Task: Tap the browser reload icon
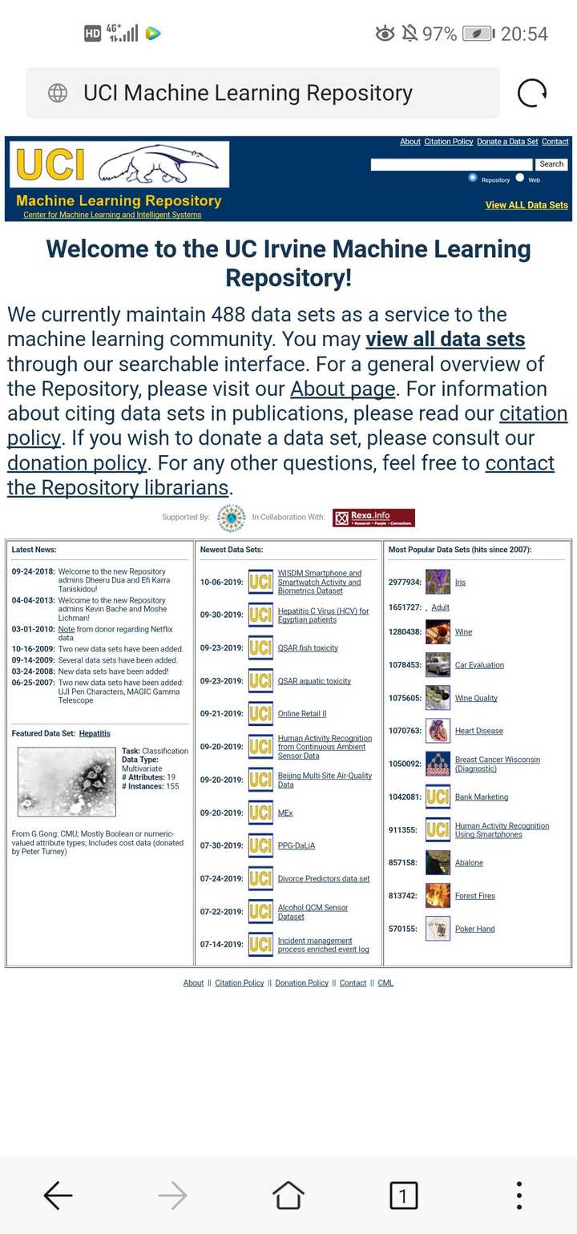(x=532, y=93)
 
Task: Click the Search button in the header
(x=551, y=164)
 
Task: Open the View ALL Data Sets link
(x=527, y=205)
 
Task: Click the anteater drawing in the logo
(x=158, y=163)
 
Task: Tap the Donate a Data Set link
(x=507, y=142)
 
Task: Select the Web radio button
(x=520, y=178)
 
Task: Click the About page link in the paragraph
(x=342, y=389)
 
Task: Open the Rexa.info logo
(x=373, y=518)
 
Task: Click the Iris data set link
(x=460, y=583)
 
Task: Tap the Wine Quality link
(x=476, y=698)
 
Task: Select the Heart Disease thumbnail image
(x=438, y=731)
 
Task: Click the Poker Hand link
(x=474, y=929)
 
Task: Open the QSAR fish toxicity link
(x=308, y=648)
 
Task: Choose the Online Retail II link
(x=302, y=714)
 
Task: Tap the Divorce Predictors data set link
(x=324, y=879)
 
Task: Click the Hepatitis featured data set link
(x=95, y=733)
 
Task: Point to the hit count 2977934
(x=405, y=583)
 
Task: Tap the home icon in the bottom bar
(x=288, y=1196)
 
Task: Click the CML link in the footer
(x=385, y=983)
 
